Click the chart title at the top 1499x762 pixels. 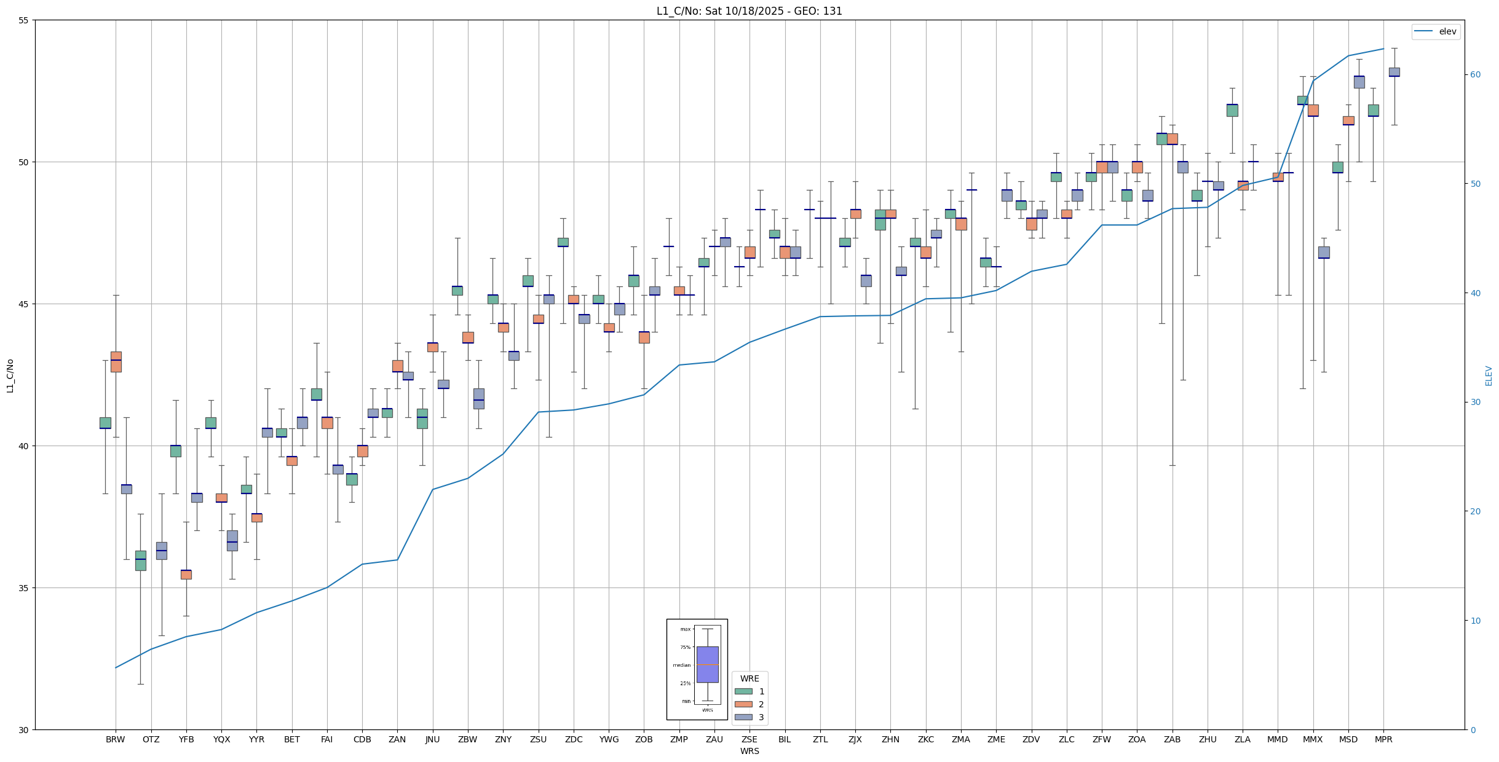749,11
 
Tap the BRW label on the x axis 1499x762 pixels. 116,739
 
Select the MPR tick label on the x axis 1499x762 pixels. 1383,739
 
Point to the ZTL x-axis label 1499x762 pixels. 820,739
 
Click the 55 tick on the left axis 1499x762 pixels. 24,20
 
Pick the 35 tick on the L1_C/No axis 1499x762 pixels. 24,588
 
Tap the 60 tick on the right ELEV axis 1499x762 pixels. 1475,75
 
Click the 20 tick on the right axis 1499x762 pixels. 1475,511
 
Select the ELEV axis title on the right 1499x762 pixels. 1489,375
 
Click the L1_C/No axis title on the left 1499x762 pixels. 10,375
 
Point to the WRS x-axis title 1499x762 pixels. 749,751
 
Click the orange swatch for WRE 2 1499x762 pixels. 743,704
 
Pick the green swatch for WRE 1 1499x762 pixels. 743,691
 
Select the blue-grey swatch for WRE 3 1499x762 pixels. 743,717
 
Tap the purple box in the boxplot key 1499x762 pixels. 707,664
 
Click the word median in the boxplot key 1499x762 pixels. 681,665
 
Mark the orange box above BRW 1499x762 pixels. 116,362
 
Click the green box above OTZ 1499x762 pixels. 141,560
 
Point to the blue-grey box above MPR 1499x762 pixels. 1394,72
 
